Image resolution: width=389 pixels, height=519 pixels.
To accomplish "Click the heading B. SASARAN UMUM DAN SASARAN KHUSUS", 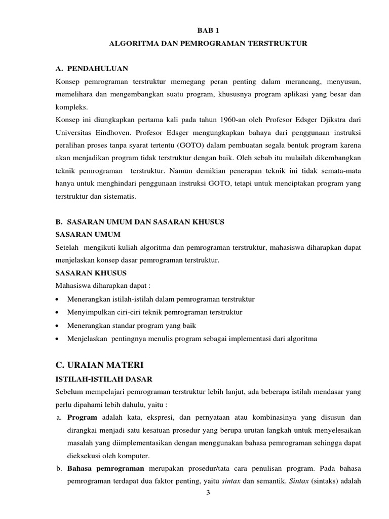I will pos(139,222).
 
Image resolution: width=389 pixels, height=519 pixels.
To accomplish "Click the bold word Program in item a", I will pos(79,418).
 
